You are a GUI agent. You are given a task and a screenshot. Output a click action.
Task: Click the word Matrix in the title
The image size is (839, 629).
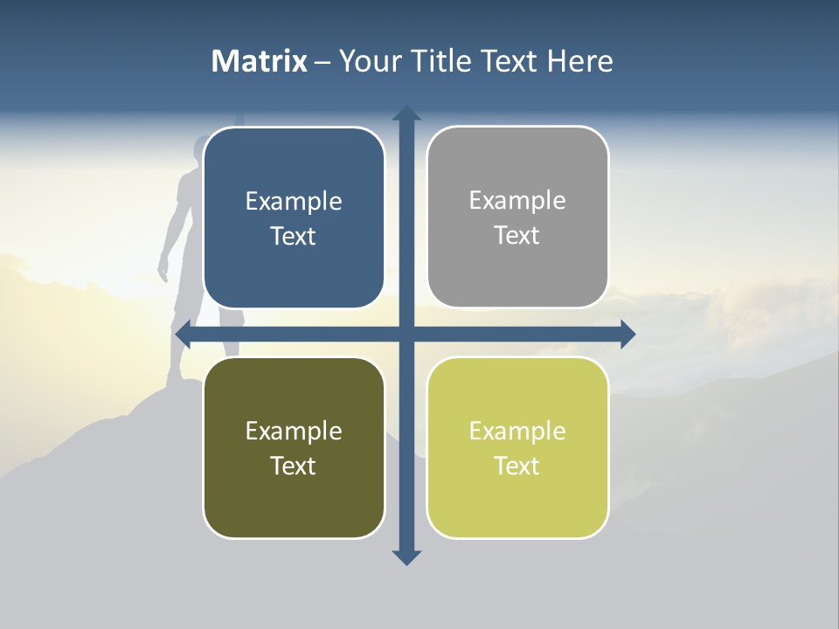point(260,61)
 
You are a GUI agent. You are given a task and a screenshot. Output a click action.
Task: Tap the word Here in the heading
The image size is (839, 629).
point(580,61)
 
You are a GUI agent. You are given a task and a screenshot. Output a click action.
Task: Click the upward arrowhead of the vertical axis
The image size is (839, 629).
point(406,114)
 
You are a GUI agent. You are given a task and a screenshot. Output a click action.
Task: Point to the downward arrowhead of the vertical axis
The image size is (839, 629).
point(406,556)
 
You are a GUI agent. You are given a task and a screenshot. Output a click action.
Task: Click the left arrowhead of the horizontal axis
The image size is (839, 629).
point(184,334)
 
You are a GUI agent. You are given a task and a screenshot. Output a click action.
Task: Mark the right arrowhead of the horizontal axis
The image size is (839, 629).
point(627,334)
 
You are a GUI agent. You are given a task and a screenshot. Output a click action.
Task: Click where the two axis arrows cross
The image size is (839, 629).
point(406,334)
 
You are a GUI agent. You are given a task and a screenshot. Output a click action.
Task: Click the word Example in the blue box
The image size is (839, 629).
point(294,202)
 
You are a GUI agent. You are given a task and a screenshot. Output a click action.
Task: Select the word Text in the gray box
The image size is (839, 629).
point(517,236)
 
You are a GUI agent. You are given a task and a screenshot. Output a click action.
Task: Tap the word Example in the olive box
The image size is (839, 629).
point(294,431)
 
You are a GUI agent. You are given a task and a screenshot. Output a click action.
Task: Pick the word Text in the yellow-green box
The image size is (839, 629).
point(517,466)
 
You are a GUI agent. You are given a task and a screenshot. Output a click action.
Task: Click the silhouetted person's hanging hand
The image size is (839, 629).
point(163,269)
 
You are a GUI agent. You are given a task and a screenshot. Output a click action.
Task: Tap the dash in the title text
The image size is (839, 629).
point(322,62)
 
